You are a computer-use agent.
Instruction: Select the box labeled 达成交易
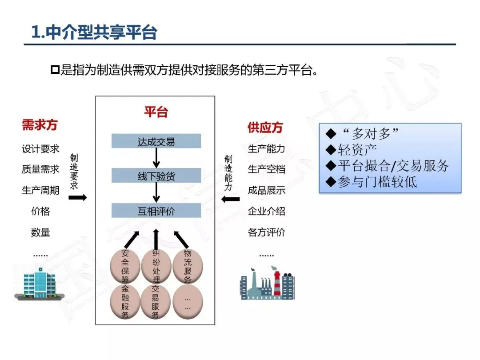coord(156,142)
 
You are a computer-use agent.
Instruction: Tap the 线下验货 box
coord(156,176)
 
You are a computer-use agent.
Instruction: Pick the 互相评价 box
coord(156,211)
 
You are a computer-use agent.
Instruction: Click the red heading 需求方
coord(40,125)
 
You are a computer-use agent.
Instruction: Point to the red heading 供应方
coord(265,128)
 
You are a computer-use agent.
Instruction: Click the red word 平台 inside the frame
coord(156,112)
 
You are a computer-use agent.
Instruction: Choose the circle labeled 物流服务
coord(188,266)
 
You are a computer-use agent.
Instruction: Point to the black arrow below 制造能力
coord(230,199)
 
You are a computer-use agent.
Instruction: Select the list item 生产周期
coord(40,190)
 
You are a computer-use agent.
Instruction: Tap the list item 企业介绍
coord(266,211)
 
